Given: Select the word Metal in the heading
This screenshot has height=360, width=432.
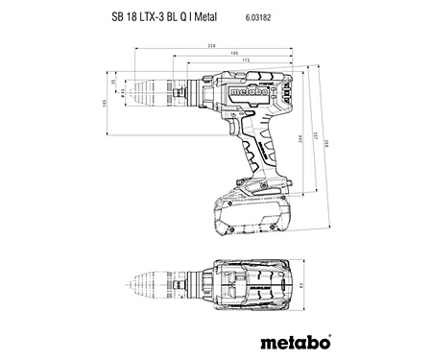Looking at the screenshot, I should tap(237, 16).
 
